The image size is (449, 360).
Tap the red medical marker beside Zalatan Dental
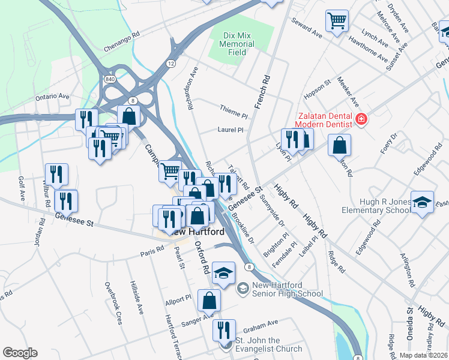point(360,119)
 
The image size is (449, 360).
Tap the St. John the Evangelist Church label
point(268,345)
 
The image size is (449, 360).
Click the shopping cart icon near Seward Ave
point(337,20)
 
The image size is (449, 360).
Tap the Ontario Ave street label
point(53,96)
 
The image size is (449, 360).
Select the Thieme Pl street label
point(234,114)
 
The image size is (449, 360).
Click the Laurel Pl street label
point(231,130)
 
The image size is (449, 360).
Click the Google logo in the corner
point(20,353)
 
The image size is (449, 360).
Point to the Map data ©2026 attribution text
point(423,355)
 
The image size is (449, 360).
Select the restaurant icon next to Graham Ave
point(221,329)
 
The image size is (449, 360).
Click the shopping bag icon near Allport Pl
point(208,300)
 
